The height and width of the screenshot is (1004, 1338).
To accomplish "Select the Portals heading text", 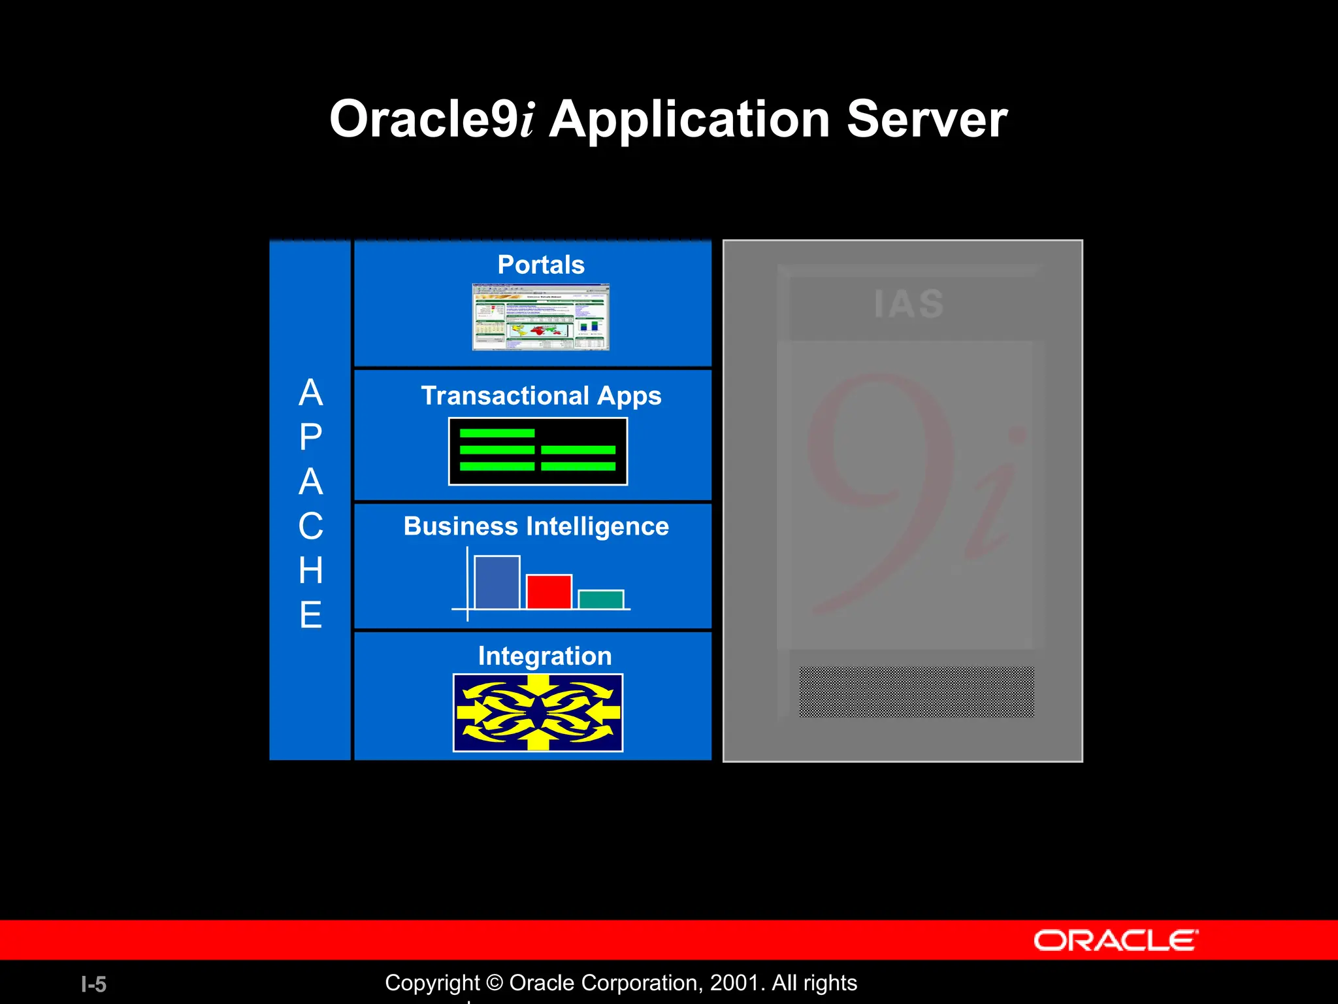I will tap(540, 265).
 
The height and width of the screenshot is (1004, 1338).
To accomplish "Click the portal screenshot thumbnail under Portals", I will tap(540, 317).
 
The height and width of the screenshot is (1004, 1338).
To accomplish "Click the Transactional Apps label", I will tap(540, 396).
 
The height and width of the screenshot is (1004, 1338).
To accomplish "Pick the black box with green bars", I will tap(538, 452).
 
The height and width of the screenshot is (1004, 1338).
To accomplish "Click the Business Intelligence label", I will tap(536, 526).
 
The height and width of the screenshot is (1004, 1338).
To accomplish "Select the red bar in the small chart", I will tap(549, 592).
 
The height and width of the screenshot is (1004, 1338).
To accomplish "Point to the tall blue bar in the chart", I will tap(497, 582).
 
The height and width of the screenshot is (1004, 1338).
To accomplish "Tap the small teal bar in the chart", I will tap(600, 599).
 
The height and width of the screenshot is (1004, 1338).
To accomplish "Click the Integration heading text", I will tap(544, 656).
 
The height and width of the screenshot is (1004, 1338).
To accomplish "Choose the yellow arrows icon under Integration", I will tap(538, 712).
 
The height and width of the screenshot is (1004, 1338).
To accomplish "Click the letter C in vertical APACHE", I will tap(311, 526).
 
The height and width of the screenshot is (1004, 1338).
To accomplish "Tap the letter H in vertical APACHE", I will tap(311, 571).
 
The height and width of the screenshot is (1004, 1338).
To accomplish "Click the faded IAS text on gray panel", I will tap(909, 305).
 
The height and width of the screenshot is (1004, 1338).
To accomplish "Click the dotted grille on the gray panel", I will tap(916, 692).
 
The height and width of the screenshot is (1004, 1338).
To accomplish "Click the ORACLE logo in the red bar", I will tap(1115, 941).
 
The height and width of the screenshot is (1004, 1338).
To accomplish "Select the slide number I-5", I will tap(93, 984).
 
